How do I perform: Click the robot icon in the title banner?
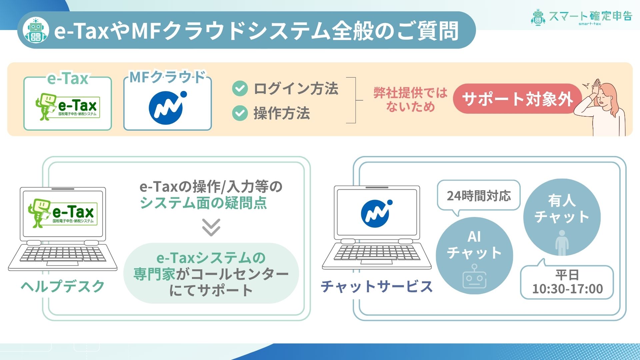tap(36, 30)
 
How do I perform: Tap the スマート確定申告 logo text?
tap(590, 16)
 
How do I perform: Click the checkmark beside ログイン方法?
tap(240, 89)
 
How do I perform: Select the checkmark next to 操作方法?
tap(240, 113)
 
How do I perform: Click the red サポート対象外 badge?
tap(517, 99)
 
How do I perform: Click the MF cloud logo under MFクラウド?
tap(168, 107)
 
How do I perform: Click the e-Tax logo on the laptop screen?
tap(63, 213)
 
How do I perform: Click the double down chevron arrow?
tap(211, 227)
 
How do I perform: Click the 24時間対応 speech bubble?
tap(479, 196)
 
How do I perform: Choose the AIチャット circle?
tap(474, 256)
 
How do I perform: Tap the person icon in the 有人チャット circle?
tap(562, 243)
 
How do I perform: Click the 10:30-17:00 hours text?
tap(567, 289)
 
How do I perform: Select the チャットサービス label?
tap(377, 286)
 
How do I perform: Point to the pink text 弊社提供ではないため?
tap(411, 100)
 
